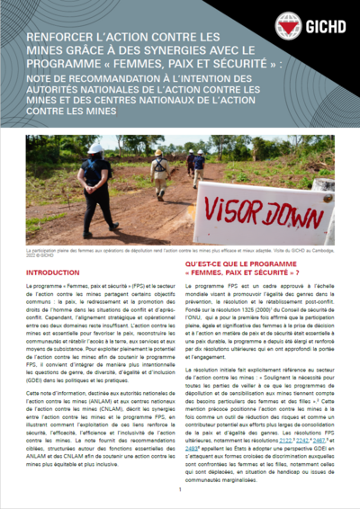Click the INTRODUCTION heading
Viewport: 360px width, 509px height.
[x=55, y=271]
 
